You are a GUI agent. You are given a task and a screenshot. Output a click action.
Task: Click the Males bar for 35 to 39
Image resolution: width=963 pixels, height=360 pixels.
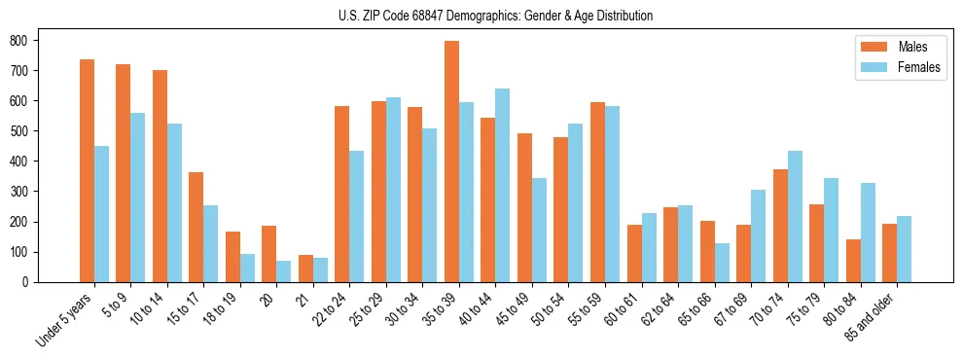pos(451,162)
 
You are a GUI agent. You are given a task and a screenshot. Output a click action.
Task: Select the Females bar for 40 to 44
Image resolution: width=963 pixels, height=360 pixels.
pos(503,185)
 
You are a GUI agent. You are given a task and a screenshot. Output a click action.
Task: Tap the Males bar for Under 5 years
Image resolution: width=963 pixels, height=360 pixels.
pos(87,170)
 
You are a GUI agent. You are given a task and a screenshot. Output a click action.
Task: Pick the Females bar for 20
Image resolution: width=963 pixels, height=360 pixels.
pos(283,271)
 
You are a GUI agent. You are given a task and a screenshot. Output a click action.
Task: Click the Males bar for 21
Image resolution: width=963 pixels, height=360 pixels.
pos(305,269)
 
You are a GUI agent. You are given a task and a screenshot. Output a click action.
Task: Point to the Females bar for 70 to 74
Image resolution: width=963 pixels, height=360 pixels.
pos(795,216)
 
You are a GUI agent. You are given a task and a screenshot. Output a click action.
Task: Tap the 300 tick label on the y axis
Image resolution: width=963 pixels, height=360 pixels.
pos(18,192)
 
